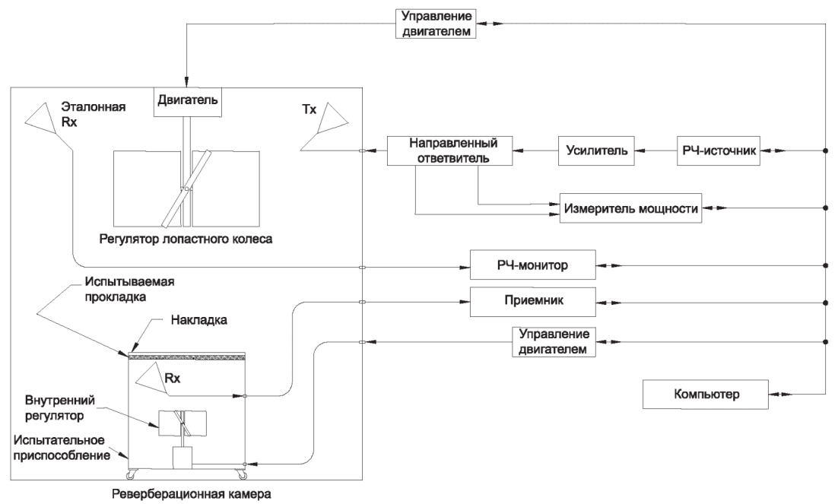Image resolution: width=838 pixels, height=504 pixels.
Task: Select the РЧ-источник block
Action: tap(716, 151)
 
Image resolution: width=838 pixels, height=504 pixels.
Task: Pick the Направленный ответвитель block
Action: tap(448, 151)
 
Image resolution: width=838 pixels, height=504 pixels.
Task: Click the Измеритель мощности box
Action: tap(630, 208)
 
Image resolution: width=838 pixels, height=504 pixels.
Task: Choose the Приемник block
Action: tap(529, 302)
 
